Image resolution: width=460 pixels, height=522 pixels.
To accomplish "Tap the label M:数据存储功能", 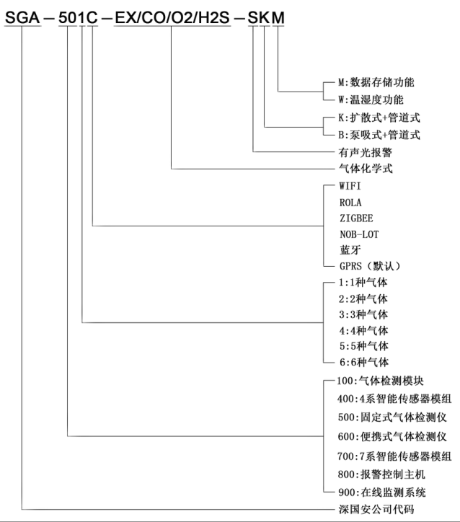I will point(376,82).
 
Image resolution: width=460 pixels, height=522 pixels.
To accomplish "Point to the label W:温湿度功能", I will point(371,99).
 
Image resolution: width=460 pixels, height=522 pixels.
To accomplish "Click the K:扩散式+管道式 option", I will point(379,117).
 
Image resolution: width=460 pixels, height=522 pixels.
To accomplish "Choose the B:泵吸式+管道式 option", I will point(379,134).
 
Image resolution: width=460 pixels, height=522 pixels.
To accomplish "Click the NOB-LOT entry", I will point(358,234).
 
